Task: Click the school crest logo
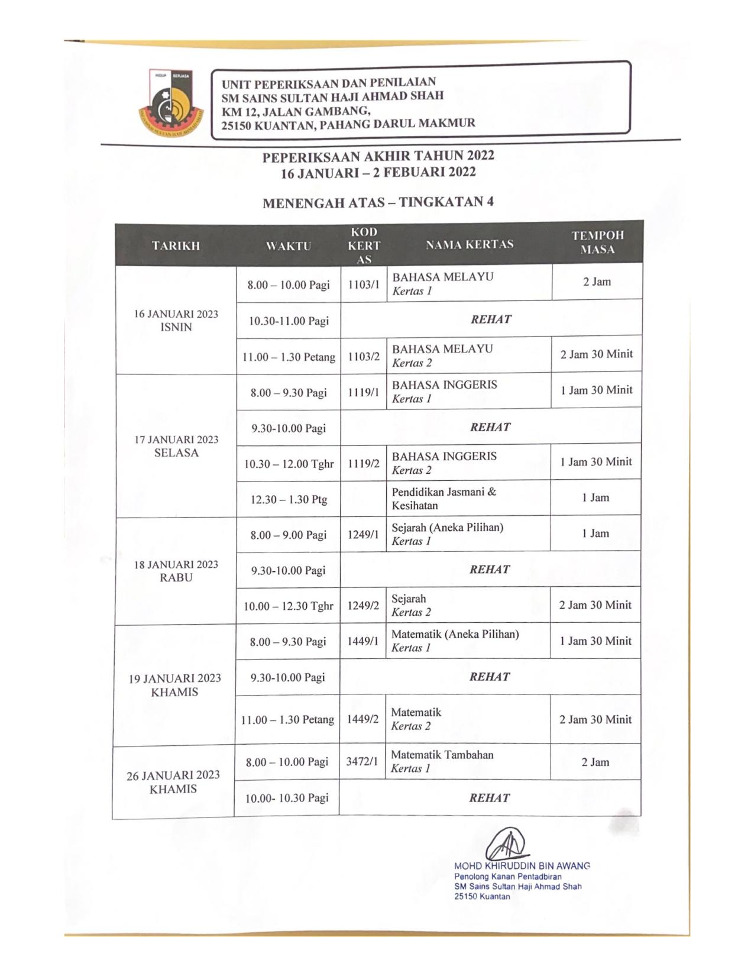pos(171,104)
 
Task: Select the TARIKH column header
pos(176,245)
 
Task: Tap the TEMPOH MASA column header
pos(597,243)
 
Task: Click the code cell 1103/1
pos(364,285)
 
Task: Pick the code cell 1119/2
pos(363,464)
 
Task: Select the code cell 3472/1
pos(362,762)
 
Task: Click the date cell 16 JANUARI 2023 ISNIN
pos(176,321)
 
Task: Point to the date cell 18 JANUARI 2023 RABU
pos(176,571)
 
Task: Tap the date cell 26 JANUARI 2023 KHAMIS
pos(173,782)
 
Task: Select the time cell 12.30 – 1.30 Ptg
pos(289,499)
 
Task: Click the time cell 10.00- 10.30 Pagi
pos(287,798)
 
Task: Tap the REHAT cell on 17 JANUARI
pos(490,427)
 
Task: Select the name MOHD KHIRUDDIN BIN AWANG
pos(522,866)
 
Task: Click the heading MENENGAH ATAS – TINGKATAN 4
pos(378,202)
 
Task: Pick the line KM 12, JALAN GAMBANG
pos(296,111)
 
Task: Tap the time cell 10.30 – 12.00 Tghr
pos(289,464)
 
